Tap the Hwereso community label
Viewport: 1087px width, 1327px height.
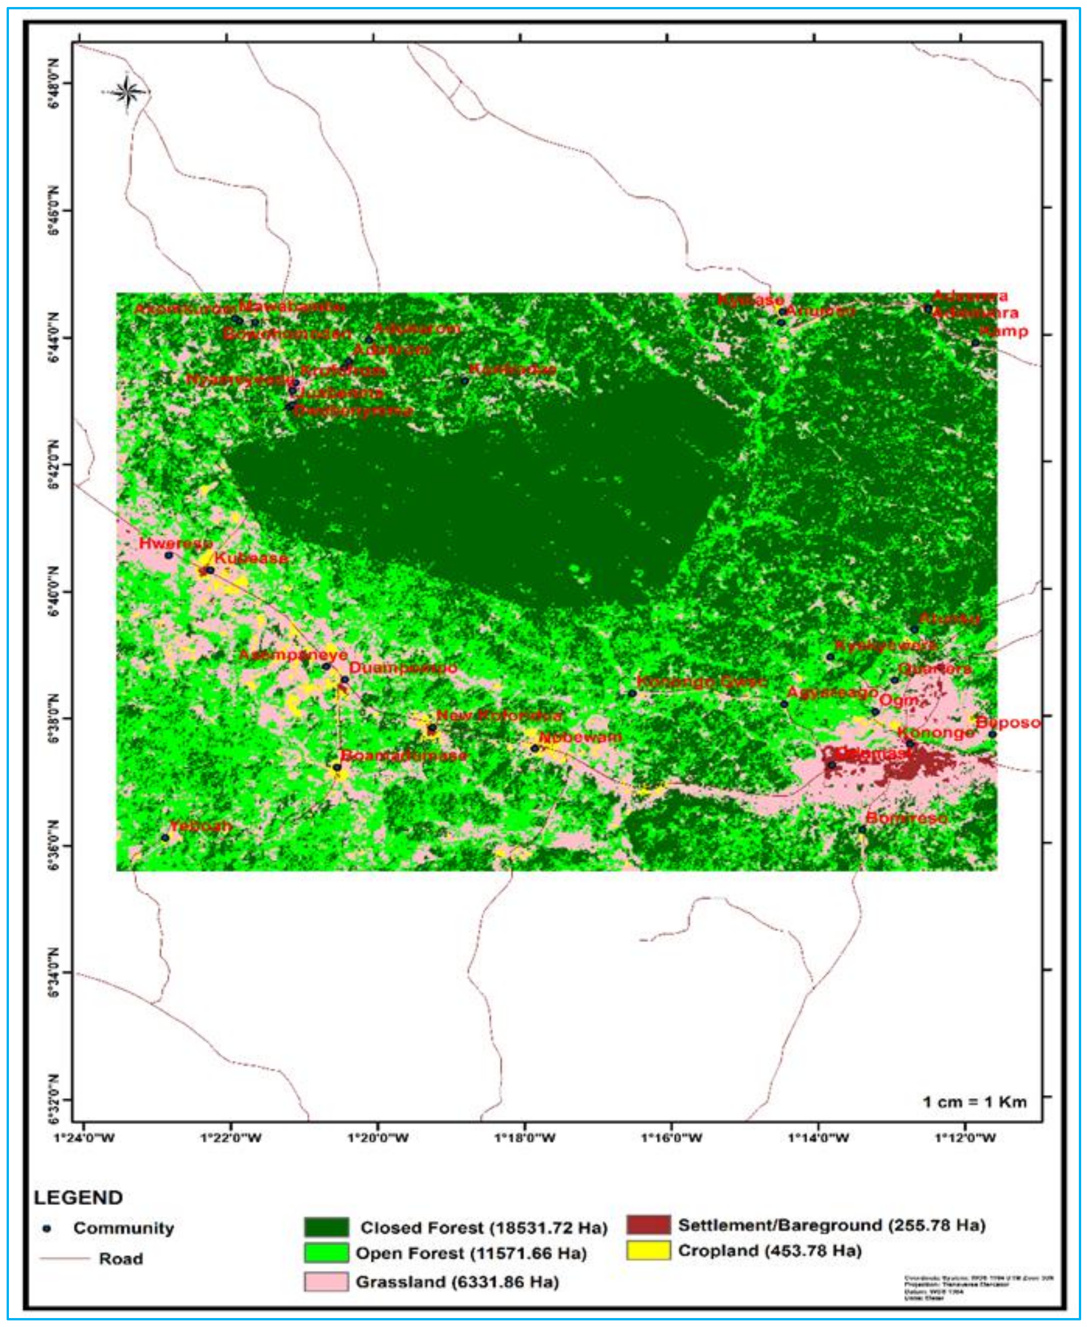pos(176,544)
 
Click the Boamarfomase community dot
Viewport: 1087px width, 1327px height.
pos(337,767)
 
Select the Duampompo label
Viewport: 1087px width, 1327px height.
pos(403,668)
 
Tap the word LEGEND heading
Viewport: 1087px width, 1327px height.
pos(78,1197)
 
